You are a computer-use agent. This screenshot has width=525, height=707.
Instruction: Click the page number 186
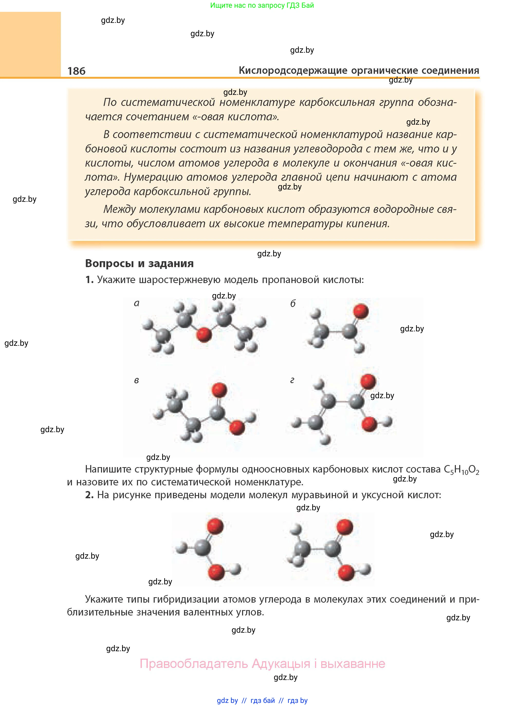(x=76, y=71)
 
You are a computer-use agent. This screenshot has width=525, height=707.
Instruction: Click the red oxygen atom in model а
(x=204, y=334)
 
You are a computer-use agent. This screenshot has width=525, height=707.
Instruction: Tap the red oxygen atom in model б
(x=361, y=311)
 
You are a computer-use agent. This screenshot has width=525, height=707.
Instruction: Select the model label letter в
(x=136, y=380)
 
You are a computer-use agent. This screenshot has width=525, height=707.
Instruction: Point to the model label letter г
(x=292, y=380)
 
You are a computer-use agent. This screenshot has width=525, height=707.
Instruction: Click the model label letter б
(x=293, y=304)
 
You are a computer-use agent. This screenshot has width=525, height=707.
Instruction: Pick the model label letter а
(x=137, y=303)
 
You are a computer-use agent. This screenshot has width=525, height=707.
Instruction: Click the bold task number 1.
(x=89, y=280)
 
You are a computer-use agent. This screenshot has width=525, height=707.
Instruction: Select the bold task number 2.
(x=89, y=495)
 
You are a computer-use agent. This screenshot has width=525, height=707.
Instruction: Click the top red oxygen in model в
(x=219, y=390)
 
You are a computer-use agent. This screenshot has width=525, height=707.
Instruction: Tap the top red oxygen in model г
(x=368, y=381)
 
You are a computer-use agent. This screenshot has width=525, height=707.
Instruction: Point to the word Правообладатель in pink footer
(x=194, y=664)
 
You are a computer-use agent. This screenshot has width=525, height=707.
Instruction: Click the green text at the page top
(x=262, y=5)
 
